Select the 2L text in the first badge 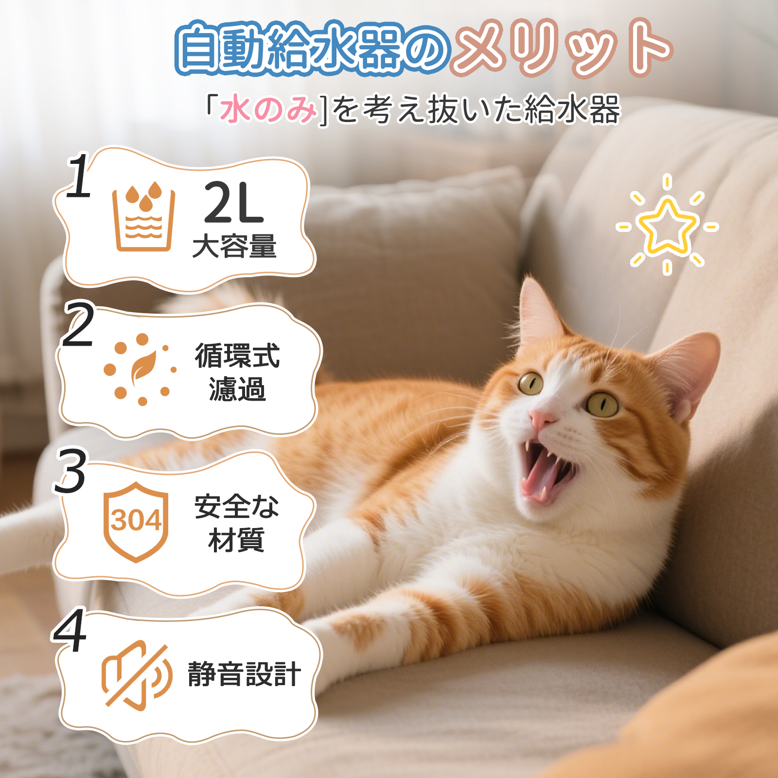[234, 203]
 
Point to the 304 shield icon [136, 521]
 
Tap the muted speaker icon [136, 675]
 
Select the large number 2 [78, 325]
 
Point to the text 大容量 [234, 246]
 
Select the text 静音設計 [244, 674]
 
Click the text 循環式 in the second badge [237, 356]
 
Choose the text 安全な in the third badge [237, 507]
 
